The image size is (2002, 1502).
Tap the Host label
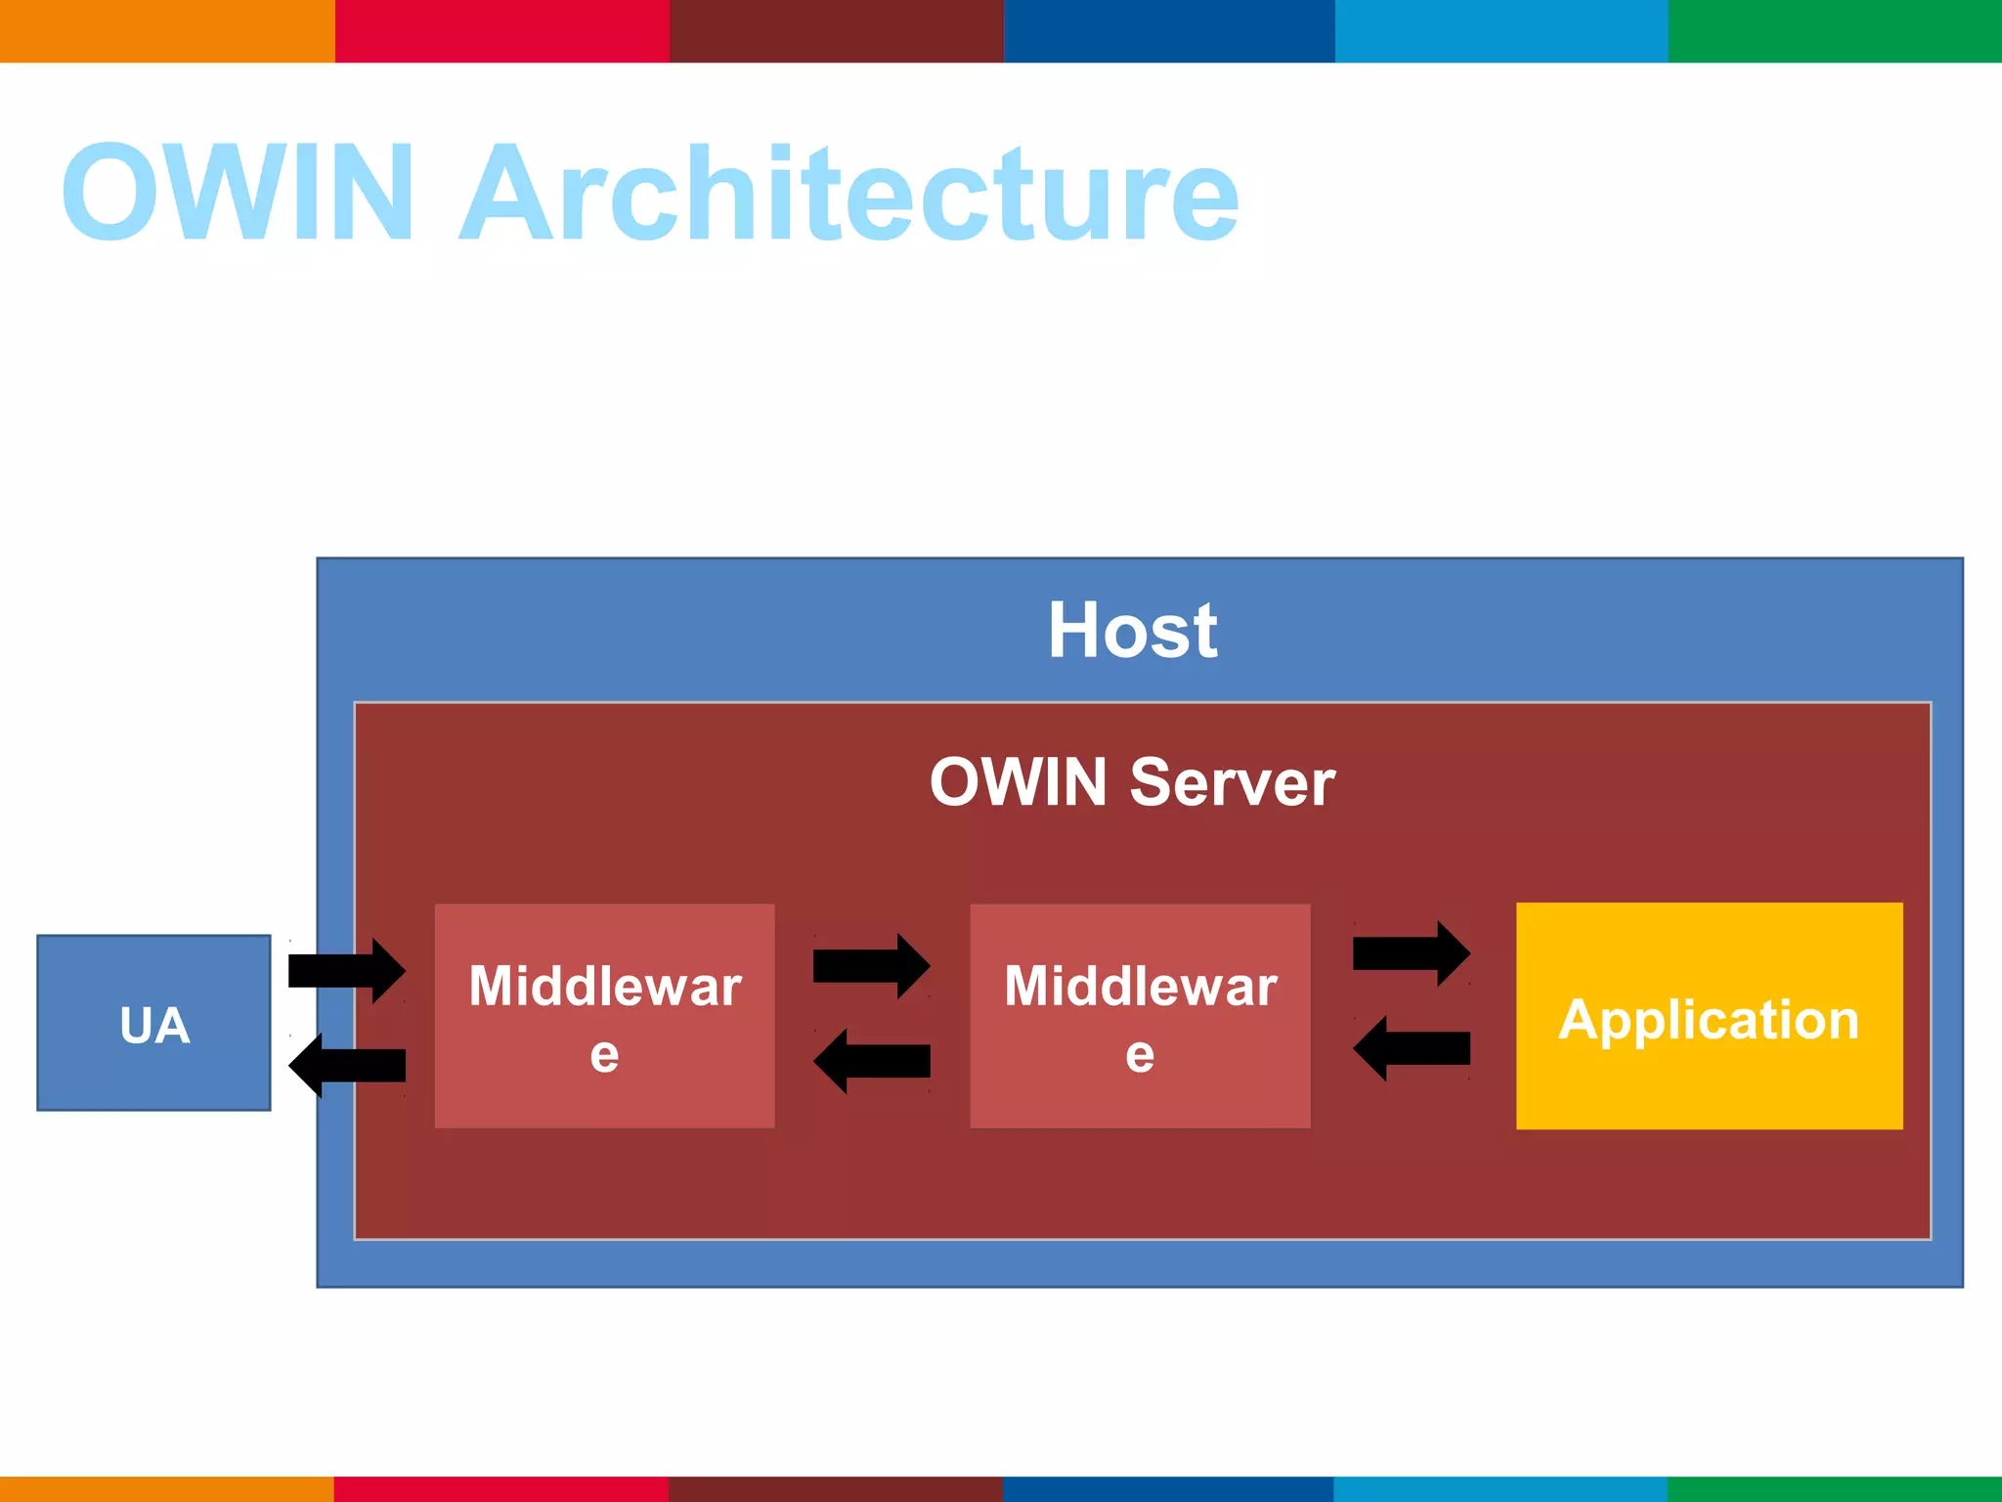click(1132, 631)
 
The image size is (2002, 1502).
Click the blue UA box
click(153, 1023)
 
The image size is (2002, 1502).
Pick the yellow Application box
click(1709, 1016)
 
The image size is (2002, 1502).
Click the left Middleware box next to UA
click(604, 1016)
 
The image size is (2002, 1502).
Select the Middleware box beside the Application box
click(1140, 1016)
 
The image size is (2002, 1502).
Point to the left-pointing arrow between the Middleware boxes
click(872, 1061)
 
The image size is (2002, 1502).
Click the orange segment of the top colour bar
click(166, 30)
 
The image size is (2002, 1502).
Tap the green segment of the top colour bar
click(1835, 30)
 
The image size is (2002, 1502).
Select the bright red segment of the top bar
click(501, 30)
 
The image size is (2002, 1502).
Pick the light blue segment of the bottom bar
click(1501, 1488)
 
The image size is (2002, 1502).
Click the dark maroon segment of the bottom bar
click(836, 1488)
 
